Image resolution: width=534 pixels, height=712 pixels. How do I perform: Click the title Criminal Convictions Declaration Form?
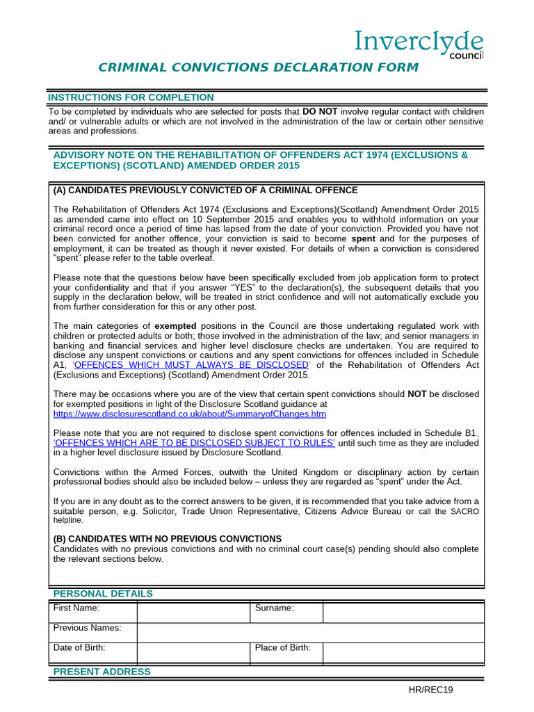point(258,67)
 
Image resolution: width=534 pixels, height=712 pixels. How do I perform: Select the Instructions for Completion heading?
point(131,97)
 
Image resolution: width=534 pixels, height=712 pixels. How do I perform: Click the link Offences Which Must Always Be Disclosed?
point(191,364)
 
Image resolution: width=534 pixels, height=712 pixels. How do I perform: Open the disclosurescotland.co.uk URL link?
point(190,414)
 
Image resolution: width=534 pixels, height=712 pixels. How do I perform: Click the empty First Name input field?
point(193,613)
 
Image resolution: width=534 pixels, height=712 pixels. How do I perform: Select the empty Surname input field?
point(403,613)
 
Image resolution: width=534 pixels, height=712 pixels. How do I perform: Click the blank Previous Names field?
point(310,632)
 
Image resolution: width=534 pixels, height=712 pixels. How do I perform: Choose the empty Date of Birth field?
point(193,652)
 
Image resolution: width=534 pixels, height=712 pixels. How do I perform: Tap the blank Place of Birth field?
point(403,652)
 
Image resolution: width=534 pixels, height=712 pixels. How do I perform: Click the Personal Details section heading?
point(103,594)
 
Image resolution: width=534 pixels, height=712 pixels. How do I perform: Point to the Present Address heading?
point(102,672)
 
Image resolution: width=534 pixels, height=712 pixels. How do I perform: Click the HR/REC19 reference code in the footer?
point(430,690)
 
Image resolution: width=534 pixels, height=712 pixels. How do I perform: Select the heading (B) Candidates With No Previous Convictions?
point(168,539)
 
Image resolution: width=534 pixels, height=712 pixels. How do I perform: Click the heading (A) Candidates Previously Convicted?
point(206,190)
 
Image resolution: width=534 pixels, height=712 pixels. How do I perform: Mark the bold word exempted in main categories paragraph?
point(175,325)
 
